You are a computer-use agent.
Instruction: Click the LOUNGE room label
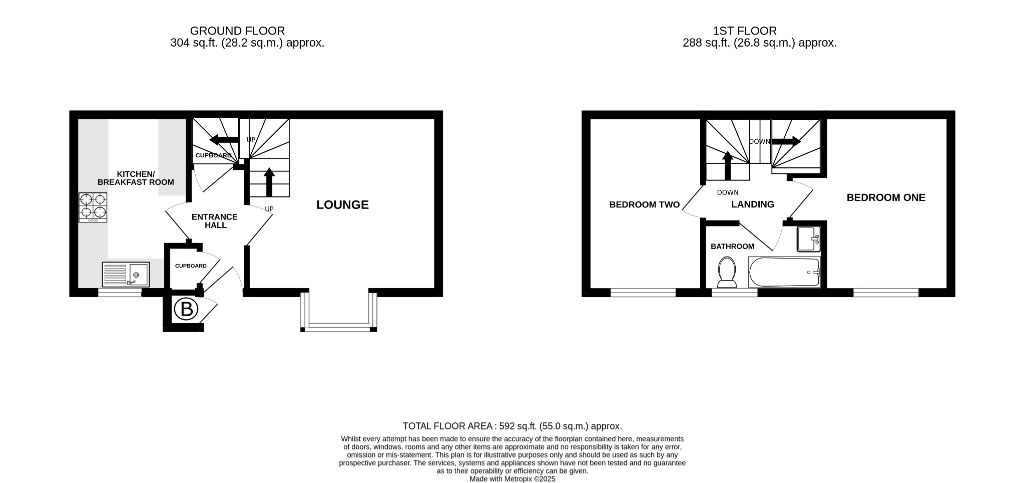[x=342, y=204]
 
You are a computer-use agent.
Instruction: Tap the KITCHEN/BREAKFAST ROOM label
[x=136, y=178]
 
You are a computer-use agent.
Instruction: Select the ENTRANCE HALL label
[x=215, y=221]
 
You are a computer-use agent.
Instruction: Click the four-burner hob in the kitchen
[x=93, y=207]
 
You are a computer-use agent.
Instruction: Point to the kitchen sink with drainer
[x=126, y=275]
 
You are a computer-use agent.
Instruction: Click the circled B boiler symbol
[x=186, y=310]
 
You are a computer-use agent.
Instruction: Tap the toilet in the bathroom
[x=727, y=272]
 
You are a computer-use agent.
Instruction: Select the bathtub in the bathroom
[x=784, y=272]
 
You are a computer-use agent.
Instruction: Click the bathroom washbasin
[x=808, y=239]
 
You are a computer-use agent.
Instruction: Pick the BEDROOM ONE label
[x=886, y=197]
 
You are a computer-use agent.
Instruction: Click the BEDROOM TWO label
[x=644, y=204]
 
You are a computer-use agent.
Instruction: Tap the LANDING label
[x=752, y=204]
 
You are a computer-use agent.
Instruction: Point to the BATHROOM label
[x=732, y=247]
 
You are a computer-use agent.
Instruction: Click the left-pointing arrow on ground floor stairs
[x=224, y=139]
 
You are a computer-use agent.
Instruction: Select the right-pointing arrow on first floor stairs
[x=786, y=142]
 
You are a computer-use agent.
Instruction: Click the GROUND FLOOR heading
[x=237, y=31]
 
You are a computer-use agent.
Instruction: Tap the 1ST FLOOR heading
[x=745, y=31]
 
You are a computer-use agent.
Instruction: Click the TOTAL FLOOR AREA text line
[x=512, y=426]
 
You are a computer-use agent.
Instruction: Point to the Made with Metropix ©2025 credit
[x=512, y=479]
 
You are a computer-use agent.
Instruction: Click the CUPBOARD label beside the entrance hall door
[x=191, y=266]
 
